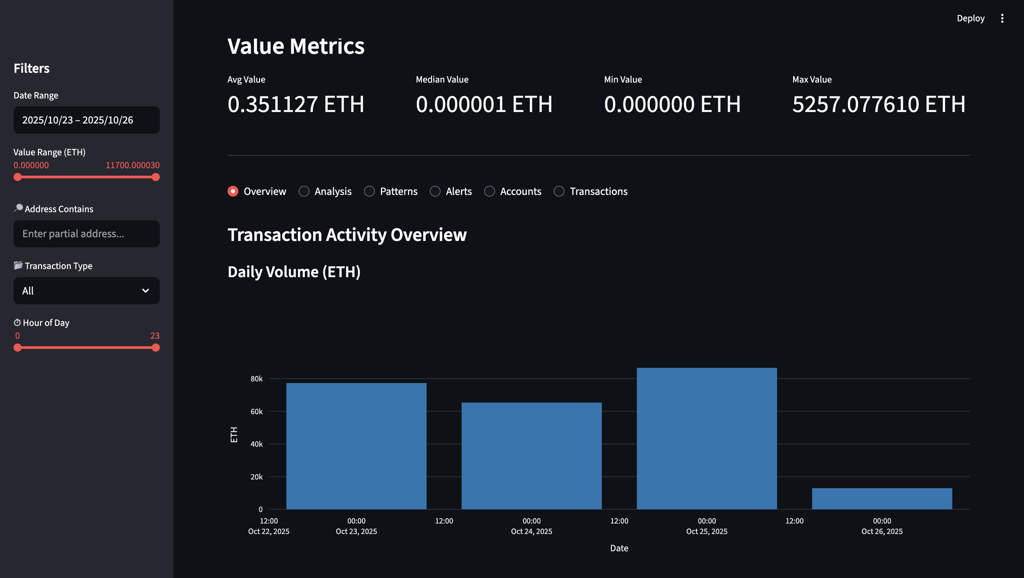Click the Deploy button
tap(970, 18)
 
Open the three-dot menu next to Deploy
tap(1002, 18)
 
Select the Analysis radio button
tap(304, 192)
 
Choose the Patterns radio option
tap(369, 192)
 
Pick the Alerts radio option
tap(435, 192)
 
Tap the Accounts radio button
tap(489, 192)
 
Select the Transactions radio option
tap(559, 192)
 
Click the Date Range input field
tap(86, 120)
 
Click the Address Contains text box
tap(86, 234)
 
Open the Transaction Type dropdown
tap(86, 291)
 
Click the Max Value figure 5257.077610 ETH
tap(878, 105)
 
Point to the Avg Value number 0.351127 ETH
tap(295, 105)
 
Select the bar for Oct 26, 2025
tap(882, 498)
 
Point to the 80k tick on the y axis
tap(256, 379)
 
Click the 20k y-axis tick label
tap(256, 477)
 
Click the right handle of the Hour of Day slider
tap(156, 348)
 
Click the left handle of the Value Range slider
tap(18, 177)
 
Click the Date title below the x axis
tap(619, 548)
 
